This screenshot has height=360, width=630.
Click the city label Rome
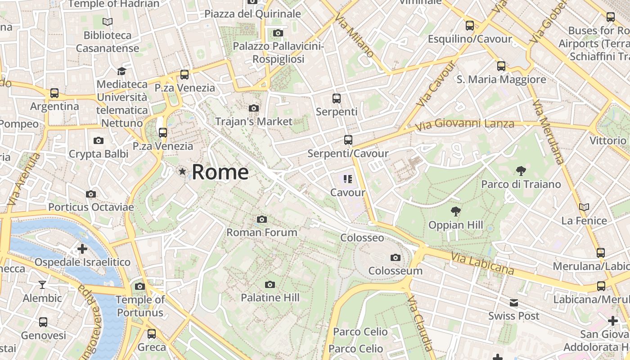coord(220,172)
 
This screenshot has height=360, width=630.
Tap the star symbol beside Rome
coord(182,171)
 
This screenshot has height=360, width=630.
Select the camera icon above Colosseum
coord(396,257)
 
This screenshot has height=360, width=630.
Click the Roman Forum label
coord(261,232)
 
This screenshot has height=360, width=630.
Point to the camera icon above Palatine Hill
coord(270,284)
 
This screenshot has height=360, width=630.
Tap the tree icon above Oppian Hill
coord(456,211)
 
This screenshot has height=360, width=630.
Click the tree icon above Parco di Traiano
coord(521,171)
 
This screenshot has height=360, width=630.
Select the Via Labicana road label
coord(482,263)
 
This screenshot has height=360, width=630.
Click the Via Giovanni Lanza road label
coord(464,124)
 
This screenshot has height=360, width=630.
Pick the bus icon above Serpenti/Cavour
coord(348,140)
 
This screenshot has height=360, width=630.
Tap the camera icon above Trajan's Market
coord(254,108)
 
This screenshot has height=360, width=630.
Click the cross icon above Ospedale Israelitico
coord(82,248)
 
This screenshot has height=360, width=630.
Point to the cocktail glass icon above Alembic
coord(42,284)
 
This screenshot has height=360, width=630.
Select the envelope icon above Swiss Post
coord(514,303)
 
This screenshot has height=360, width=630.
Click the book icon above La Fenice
coord(584,207)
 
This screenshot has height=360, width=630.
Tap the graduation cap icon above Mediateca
coord(121,71)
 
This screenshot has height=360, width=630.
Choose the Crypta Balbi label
coord(99,154)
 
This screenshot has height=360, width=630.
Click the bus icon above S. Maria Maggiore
coord(501,66)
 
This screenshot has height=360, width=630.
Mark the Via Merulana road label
coord(548,131)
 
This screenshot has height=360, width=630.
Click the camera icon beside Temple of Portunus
coord(140,286)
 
